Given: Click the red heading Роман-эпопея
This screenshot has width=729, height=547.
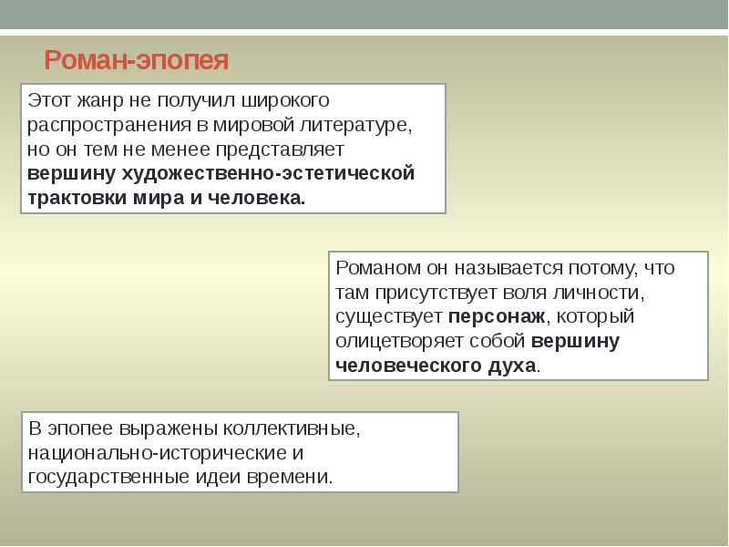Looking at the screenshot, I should pyautogui.click(x=136, y=61).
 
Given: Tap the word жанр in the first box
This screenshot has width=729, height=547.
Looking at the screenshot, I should pyautogui.click(x=91, y=98).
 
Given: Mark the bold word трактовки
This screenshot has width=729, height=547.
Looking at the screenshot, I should pyautogui.click(x=77, y=198).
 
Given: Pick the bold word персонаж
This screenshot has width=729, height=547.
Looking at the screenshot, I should pyautogui.click(x=497, y=317).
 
